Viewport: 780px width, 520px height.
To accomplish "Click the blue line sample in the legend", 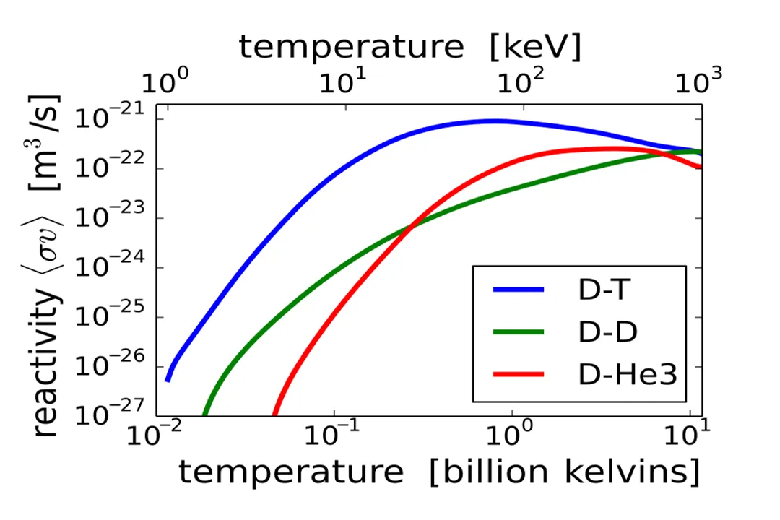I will (518, 290).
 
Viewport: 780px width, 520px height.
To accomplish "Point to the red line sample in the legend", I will (518, 374).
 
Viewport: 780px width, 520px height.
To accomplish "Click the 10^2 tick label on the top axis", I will (521, 81).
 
